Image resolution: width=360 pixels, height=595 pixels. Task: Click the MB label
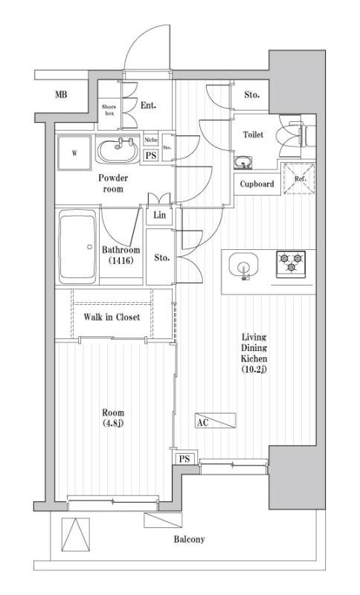(61, 94)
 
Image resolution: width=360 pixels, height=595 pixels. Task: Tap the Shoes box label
(109, 110)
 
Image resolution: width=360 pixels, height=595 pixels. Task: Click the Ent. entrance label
(148, 106)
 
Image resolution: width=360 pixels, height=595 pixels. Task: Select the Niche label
(150, 140)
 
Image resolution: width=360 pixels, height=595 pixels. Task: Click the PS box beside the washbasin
(151, 155)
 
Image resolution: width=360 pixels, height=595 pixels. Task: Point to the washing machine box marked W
(74, 153)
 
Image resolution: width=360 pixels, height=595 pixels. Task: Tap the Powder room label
(113, 183)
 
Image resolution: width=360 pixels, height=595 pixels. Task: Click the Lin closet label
(160, 215)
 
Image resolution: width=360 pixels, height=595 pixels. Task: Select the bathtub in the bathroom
(78, 247)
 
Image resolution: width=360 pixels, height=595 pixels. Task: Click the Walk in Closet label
(112, 317)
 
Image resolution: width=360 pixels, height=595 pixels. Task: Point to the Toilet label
(253, 135)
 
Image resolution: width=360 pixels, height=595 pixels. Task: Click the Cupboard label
(257, 184)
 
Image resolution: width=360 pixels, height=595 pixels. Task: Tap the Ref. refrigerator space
(299, 178)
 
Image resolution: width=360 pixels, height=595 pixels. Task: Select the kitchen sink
(243, 265)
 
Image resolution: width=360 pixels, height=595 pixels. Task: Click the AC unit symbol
(216, 420)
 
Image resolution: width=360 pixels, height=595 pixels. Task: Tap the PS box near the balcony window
(184, 459)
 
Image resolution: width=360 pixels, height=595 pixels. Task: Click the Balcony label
(189, 539)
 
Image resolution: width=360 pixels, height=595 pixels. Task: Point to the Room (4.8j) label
(113, 418)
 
